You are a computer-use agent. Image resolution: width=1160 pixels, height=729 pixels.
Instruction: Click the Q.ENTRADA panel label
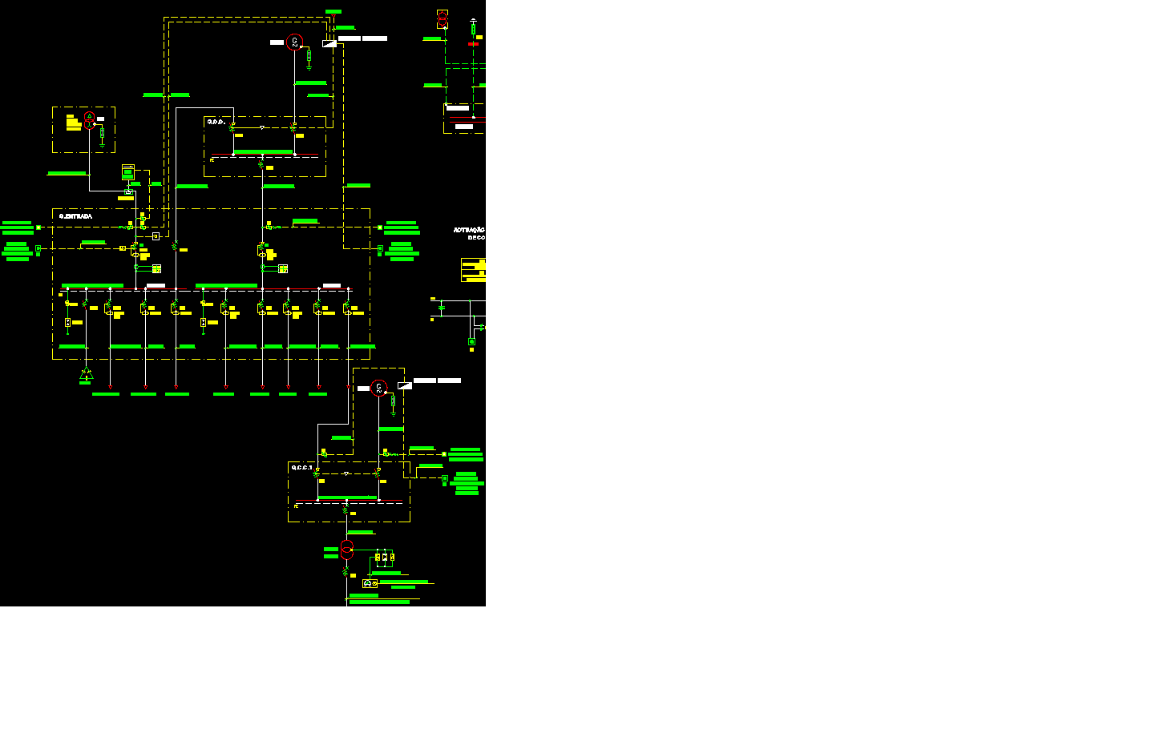point(75,216)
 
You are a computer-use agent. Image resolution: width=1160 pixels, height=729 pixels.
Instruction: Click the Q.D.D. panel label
point(216,122)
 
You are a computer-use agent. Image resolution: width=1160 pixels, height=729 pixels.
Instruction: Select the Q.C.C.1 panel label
point(301,468)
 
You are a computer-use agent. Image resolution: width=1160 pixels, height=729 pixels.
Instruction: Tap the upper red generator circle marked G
point(294,42)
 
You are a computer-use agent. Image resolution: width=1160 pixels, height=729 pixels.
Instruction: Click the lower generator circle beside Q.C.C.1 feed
point(379,388)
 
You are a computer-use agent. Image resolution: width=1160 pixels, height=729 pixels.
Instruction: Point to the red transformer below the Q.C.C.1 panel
point(346,549)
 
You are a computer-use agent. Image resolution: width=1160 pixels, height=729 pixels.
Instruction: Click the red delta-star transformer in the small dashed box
point(90,121)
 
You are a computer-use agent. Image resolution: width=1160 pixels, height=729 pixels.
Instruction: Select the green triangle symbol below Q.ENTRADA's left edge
point(87,374)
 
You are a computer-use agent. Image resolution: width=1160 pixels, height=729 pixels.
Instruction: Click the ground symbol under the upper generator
point(309,68)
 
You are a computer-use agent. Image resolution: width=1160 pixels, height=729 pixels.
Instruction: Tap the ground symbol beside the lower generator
point(393,413)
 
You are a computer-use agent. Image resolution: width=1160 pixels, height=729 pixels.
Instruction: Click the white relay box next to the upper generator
point(329,43)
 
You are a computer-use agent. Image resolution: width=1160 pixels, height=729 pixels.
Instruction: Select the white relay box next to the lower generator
point(405,385)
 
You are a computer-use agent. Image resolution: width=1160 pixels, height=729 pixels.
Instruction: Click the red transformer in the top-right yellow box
point(443,19)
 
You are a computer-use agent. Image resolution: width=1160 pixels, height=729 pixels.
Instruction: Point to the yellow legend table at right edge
point(474,270)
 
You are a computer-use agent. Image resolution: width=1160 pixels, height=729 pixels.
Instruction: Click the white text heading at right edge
point(469,233)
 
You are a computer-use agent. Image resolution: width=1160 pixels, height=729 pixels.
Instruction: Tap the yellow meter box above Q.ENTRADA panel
point(128,171)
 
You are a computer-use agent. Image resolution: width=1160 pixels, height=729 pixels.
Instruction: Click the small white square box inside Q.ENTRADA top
point(156,236)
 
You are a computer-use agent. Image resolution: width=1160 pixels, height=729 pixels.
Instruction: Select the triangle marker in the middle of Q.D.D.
point(262,127)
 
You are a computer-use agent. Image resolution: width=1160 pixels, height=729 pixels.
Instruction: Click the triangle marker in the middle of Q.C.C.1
point(346,473)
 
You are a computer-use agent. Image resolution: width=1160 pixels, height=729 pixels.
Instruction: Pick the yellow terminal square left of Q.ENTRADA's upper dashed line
point(38,228)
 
